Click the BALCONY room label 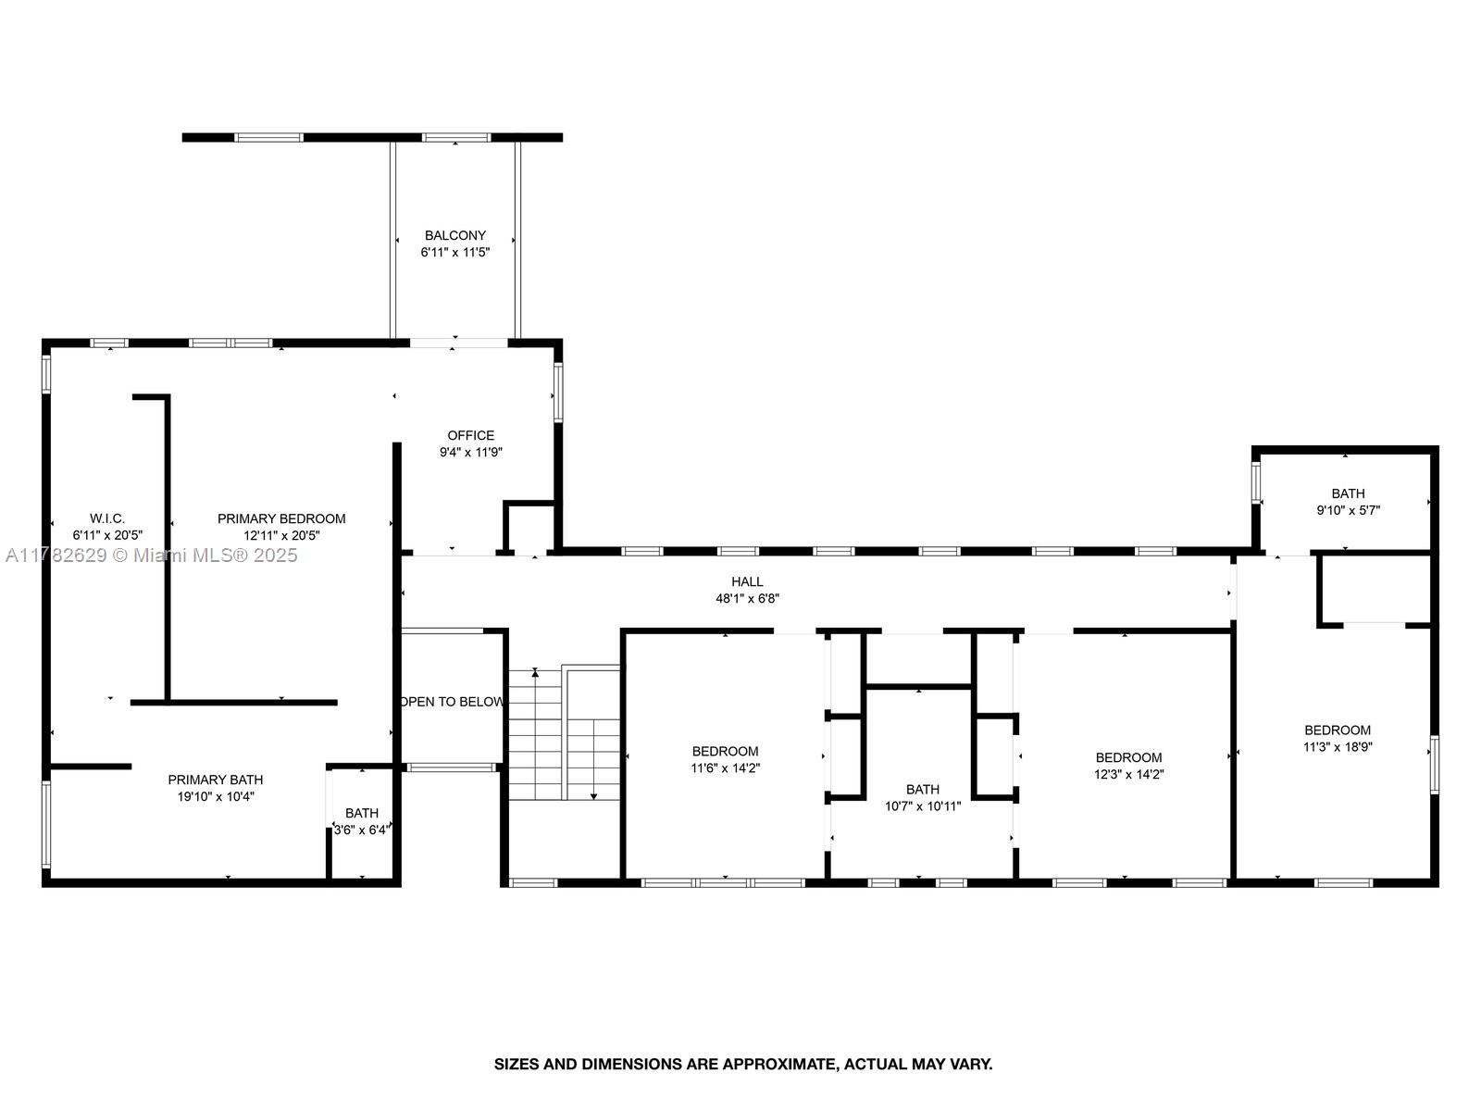pos(454,235)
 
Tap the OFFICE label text pos(470,436)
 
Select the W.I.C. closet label pos(107,518)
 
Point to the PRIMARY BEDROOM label pos(281,518)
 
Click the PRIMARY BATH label pos(216,780)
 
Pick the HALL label pos(747,581)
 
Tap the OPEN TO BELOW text pos(452,702)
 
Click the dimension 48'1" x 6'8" pos(747,598)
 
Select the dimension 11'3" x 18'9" pos(1338,747)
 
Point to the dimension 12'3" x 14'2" pos(1128,774)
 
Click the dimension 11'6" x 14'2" pos(726,768)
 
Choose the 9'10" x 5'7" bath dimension pos(1348,511)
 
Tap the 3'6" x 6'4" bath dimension pos(362,830)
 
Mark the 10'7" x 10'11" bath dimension pos(922,806)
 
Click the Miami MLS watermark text pos(151,555)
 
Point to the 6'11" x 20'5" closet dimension pos(107,536)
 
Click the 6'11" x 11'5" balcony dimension pos(454,252)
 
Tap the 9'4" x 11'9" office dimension pos(471,453)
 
